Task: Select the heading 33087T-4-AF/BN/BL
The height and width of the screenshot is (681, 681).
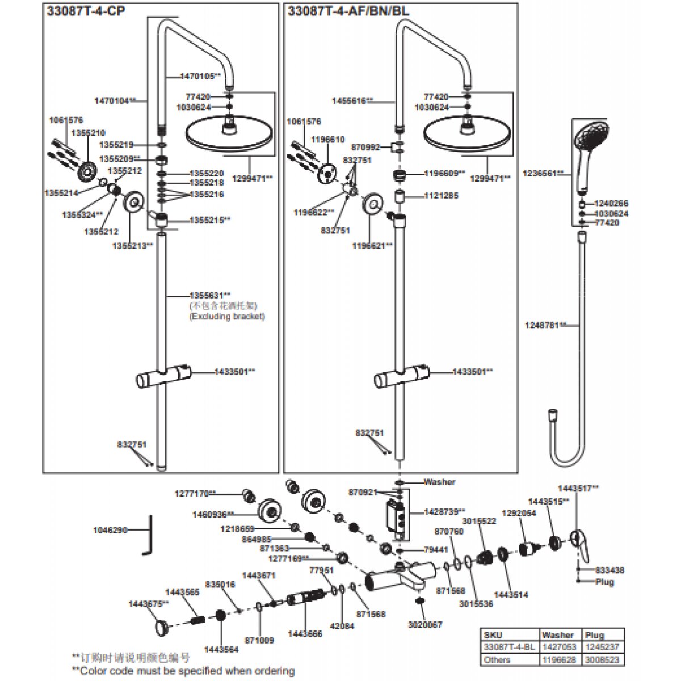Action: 348,11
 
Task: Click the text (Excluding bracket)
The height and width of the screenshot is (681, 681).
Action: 227,316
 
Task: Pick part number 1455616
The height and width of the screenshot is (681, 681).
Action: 352,100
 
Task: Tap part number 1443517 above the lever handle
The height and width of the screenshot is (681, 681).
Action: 578,488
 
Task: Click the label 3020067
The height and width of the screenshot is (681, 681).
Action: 425,625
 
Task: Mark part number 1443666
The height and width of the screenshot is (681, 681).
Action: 305,633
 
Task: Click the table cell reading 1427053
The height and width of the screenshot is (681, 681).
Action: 558,647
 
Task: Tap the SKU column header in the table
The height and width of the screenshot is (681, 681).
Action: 493,635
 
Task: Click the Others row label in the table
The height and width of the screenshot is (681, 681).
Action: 497,659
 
